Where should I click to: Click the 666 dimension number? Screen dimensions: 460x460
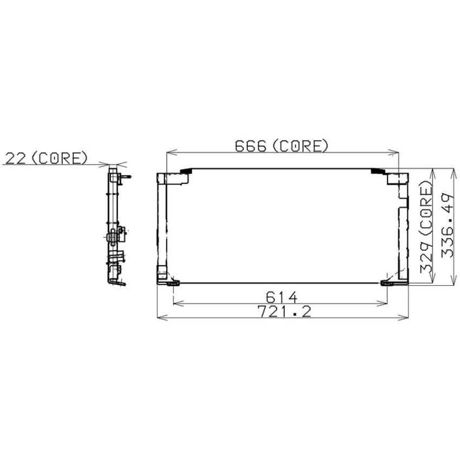pos(251,146)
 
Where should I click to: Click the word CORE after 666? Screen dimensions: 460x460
pos(300,146)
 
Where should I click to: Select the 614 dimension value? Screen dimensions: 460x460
pos(281,297)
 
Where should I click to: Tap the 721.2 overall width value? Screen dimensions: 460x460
pos(284,311)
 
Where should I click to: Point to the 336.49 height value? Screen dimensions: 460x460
pos(448,225)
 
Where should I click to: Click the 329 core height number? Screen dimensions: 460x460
pos(426,259)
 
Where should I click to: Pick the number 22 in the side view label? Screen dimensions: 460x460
pos(16,158)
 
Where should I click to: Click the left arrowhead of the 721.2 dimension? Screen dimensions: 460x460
pos(162,317)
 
